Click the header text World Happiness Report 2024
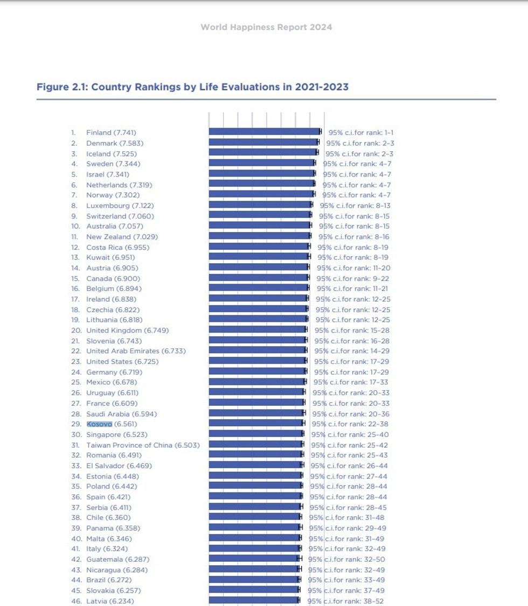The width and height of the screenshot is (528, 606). coord(266,27)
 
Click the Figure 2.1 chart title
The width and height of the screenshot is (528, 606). coord(192,87)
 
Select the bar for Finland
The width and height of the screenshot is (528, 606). coord(264,132)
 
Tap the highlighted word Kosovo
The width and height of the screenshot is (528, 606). coord(99,424)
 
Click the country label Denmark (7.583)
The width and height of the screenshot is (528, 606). coord(115,143)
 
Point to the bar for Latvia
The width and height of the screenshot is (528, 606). coord(253,601)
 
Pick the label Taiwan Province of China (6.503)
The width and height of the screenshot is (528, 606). coord(143,445)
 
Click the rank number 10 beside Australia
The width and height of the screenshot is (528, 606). coord(75,227)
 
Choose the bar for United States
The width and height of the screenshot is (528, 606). coord(257,361)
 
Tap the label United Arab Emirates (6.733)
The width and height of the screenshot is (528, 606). coord(136,351)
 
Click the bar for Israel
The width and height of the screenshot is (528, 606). coord(261,174)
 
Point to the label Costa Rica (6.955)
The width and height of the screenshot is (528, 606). coord(117,248)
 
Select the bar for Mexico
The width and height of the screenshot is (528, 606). coord(256,382)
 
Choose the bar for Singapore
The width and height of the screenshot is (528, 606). coord(256,434)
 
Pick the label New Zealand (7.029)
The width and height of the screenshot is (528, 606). coord(122,237)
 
